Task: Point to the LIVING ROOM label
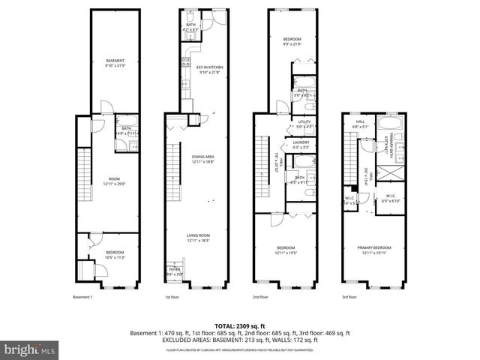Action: tap(198, 237)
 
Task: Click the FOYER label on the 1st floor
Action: tap(174, 271)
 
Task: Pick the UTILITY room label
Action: tap(304, 123)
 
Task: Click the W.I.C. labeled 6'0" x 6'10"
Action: tap(391, 198)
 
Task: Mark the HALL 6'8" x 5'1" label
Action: tap(360, 124)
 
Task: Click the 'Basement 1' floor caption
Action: tap(82, 297)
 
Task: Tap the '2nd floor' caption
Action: tap(260, 297)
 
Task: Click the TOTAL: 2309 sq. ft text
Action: tap(239, 326)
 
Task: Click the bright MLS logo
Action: tap(28, 349)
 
